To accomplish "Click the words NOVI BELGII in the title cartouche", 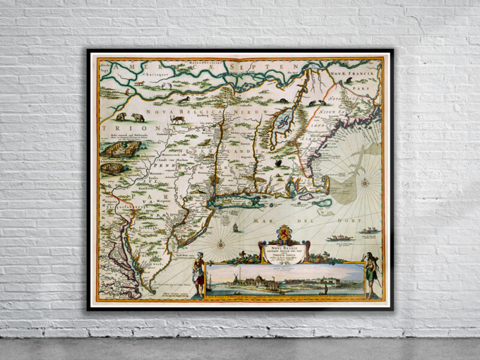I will (283, 246).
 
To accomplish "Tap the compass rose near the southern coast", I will (221, 244).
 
